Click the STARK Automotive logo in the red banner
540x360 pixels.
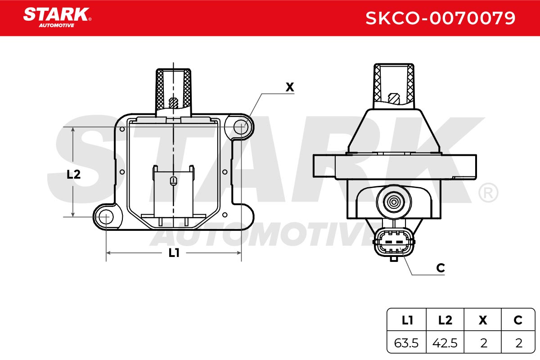coord(57,18)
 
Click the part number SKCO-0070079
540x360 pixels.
coord(440,18)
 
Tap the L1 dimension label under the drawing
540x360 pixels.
coord(174,253)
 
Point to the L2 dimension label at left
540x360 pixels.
coord(73,174)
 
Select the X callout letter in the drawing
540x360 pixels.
coord(289,87)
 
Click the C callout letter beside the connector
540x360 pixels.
coord(441,268)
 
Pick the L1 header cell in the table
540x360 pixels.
coord(407,320)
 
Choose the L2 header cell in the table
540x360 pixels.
coord(445,320)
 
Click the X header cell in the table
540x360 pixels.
coord(482,320)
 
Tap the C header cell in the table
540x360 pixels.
coord(518,320)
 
